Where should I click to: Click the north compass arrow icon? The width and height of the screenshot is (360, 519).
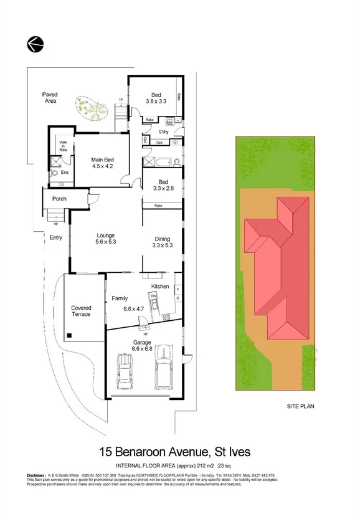pos(34,44)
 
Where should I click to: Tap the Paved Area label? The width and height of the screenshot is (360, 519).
pos(50,97)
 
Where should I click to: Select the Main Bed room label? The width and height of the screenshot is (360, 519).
pos(102,163)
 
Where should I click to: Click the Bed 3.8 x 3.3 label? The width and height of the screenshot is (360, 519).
pos(156,97)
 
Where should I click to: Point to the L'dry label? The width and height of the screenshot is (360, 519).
pos(164,132)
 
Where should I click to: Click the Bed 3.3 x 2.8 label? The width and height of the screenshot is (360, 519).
pos(156,185)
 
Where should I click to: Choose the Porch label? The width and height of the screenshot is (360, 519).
pos(59,199)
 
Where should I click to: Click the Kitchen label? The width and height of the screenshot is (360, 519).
pos(160,286)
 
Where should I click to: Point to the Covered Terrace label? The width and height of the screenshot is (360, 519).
pos(81,311)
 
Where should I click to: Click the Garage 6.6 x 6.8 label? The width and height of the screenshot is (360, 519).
pos(141,345)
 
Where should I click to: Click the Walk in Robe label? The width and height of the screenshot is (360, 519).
pos(63,146)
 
